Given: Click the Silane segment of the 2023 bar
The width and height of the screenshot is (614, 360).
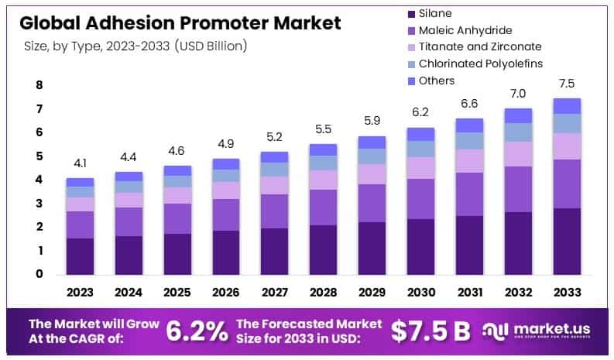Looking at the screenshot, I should pyautogui.click(x=80, y=256).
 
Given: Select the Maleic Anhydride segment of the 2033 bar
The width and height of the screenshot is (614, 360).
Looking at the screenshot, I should pyautogui.click(x=568, y=183).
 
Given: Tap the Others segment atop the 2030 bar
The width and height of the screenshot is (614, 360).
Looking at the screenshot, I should pyautogui.click(x=420, y=134).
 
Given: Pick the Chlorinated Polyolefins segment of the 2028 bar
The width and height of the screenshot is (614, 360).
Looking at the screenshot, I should pyautogui.click(x=324, y=163).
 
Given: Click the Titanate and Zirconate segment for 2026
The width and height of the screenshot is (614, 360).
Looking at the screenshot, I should pyautogui.click(x=226, y=190).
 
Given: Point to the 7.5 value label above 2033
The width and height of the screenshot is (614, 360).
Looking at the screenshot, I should pyautogui.click(x=568, y=84).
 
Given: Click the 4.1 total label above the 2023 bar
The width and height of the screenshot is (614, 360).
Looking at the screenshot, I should pyautogui.click(x=80, y=164).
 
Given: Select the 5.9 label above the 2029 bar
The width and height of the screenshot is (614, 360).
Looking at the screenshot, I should pyautogui.click(x=372, y=122).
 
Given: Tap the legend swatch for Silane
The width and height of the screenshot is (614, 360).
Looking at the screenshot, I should pyautogui.click(x=410, y=13).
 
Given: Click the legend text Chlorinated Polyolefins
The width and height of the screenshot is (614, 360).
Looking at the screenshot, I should pyautogui.click(x=480, y=63).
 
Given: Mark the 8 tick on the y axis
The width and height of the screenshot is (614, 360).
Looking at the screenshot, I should pyautogui.click(x=39, y=85).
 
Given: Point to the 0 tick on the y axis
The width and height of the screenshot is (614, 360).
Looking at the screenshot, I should pyautogui.click(x=39, y=274).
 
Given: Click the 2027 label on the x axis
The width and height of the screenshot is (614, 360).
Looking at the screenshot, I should pyautogui.click(x=275, y=293).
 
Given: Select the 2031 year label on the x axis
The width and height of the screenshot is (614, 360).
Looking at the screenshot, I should pyautogui.click(x=470, y=293).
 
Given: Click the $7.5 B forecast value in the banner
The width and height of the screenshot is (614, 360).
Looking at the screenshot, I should pyautogui.click(x=430, y=331).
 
